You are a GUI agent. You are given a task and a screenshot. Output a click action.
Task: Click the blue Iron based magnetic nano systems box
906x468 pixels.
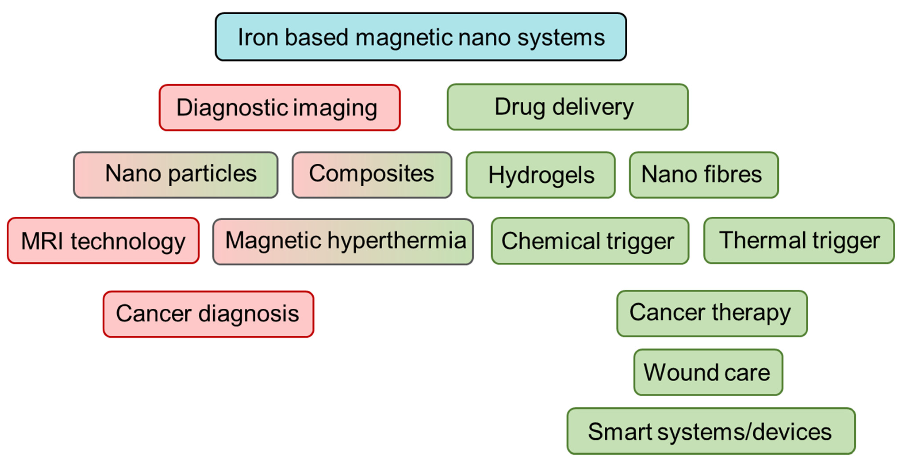point(421,37)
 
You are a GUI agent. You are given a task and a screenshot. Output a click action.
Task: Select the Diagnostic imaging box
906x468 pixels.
point(280,108)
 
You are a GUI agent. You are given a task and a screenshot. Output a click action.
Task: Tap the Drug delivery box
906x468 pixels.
point(567,107)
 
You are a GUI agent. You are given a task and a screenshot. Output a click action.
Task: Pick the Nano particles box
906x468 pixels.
point(176,175)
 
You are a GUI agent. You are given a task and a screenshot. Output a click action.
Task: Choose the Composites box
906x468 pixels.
point(372,175)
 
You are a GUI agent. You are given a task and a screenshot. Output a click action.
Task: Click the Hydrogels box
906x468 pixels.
point(541,175)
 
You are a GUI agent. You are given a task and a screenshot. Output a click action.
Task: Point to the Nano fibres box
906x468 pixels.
point(704,175)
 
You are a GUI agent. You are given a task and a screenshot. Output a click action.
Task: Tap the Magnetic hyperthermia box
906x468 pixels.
point(343,242)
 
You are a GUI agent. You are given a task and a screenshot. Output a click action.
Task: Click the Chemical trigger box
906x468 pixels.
point(590,241)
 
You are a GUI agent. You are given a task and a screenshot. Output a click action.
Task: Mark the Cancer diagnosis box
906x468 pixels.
point(208,314)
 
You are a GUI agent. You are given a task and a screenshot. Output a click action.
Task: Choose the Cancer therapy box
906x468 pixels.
point(712,313)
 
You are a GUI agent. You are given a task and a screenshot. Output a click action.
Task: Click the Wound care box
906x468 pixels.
point(708,372)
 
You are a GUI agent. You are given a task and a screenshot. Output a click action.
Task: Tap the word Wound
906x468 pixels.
point(681,372)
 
